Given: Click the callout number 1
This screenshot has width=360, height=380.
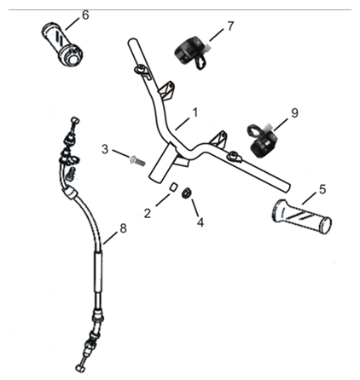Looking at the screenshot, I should (x=195, y=112).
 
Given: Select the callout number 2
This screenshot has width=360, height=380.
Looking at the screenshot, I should (x=147, y=213).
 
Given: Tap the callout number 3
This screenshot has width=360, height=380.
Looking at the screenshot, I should (x=105, y=150).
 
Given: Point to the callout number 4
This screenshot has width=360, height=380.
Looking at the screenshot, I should (x=200, y=223).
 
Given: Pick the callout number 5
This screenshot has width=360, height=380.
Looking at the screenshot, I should (x=322, y=188).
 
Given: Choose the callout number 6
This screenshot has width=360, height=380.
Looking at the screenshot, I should (x=84, y=15).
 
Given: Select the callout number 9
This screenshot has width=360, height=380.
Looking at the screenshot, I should (x=294, y=112).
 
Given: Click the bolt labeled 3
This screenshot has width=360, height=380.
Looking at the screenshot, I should (x=134, y=158).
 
